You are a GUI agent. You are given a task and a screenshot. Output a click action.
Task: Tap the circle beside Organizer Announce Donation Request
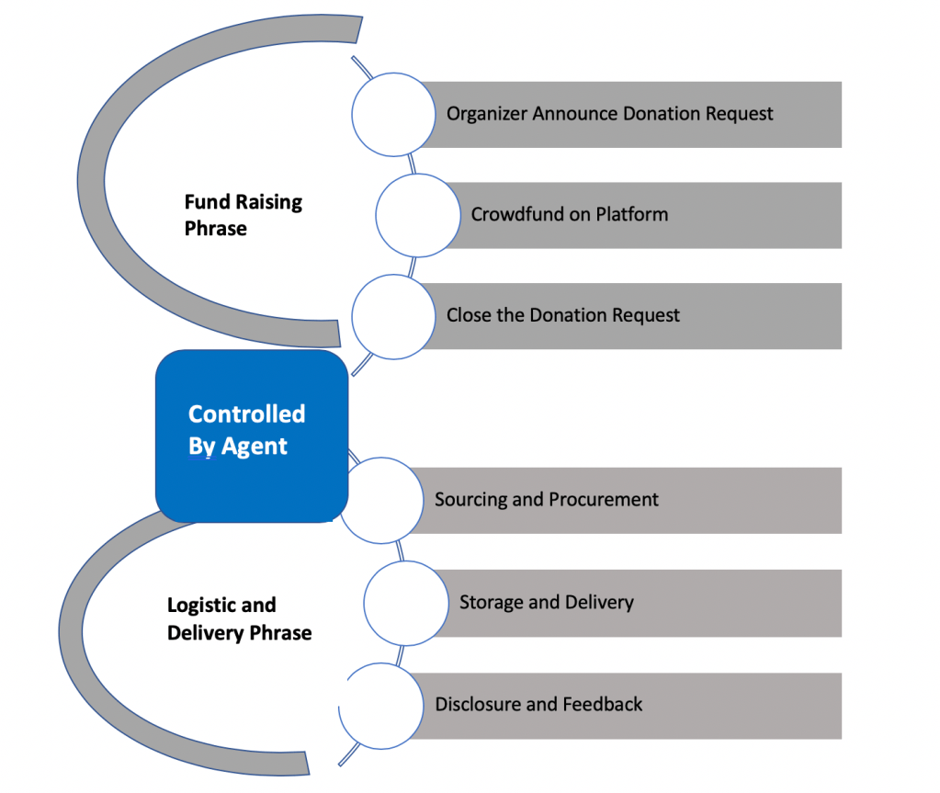pos(394,114)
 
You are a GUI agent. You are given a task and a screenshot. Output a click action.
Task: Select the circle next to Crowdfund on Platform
pos(418,214)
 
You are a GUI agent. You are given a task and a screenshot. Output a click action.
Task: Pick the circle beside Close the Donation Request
pos(394,315)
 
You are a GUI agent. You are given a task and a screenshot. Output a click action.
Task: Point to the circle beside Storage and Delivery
pos(405,603)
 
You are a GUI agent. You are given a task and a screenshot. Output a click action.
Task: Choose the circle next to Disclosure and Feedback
pos(380,705)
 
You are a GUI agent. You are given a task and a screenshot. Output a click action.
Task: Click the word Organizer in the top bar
pos(487,114)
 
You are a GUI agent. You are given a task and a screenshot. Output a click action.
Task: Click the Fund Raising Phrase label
pos(243,215)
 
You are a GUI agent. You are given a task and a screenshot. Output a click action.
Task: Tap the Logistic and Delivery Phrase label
pos(239,618)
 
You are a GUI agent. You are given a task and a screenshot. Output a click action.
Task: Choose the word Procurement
pos(604,500)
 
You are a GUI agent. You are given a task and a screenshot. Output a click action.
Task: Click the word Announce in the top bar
pos(575,114)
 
